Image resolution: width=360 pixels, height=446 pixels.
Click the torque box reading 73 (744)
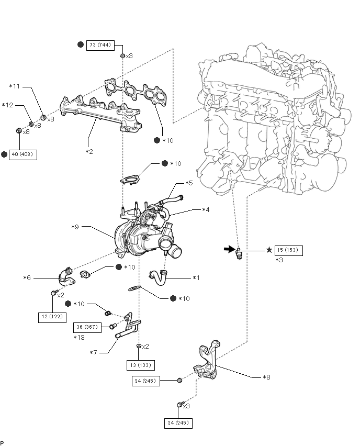coord(99,45)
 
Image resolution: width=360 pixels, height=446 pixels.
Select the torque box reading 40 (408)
coord(23,155)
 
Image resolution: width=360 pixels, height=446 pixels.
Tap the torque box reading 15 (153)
coord(288,250)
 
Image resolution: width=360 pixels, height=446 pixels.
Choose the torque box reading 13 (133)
coord(139,365)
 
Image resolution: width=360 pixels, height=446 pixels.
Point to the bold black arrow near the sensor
coord(229,250)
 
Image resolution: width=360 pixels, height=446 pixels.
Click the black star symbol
coord(269,250)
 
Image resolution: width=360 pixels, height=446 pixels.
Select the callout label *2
coord(89,151)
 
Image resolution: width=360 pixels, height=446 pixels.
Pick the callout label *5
coord(189,183)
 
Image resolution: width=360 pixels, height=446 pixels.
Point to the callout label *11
coord(15,86)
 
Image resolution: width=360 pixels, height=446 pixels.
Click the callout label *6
coord(27,277)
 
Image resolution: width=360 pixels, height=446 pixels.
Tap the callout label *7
coord(94,353)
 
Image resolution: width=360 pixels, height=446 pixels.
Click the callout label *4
coord(206,209)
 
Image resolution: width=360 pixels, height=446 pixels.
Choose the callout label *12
coord(7,105)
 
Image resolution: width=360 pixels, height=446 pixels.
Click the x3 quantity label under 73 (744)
coord(129,55)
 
